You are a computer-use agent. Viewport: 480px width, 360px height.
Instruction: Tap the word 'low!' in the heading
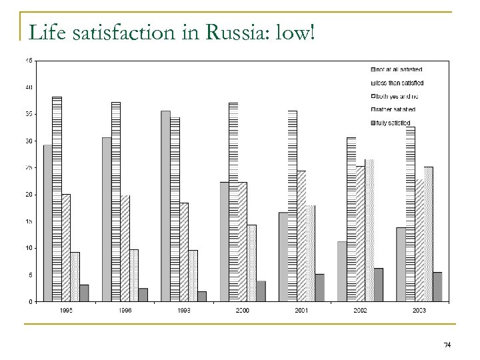point(294,32)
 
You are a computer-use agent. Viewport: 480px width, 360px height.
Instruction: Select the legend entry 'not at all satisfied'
point(399,69)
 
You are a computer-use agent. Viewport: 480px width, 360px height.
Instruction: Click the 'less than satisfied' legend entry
point(400,83)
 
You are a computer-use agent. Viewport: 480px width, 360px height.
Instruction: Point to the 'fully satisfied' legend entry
point(394,123)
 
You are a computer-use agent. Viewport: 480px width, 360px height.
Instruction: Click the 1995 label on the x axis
point(66,311)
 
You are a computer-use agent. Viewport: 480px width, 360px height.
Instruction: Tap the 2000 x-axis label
point(243,311)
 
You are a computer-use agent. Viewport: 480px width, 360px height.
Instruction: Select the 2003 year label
point(419,311)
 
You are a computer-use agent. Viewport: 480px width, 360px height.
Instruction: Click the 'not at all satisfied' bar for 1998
point(165,206)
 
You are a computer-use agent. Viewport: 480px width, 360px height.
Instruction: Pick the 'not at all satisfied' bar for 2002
point(342,271)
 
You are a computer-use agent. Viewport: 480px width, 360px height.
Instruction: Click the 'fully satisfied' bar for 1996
point(143,295)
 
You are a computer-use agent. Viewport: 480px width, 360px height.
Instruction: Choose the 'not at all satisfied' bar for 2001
point(283,257)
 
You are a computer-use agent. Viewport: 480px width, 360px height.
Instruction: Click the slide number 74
point(447,345)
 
